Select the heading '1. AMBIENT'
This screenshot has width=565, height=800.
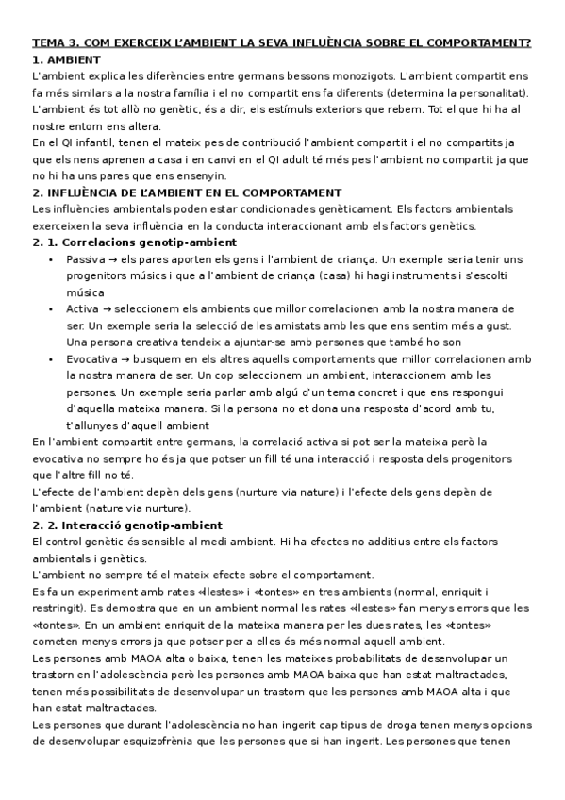pyautogui.click(x=67, y=58)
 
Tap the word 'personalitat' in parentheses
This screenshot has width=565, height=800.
pyautogui.click(x=493, y=92)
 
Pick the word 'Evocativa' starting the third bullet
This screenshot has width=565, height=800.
pyautogui.click(x=91, y=359)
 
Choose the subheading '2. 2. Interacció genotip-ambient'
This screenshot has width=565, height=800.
pyautogui.click(x=127, y=525)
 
